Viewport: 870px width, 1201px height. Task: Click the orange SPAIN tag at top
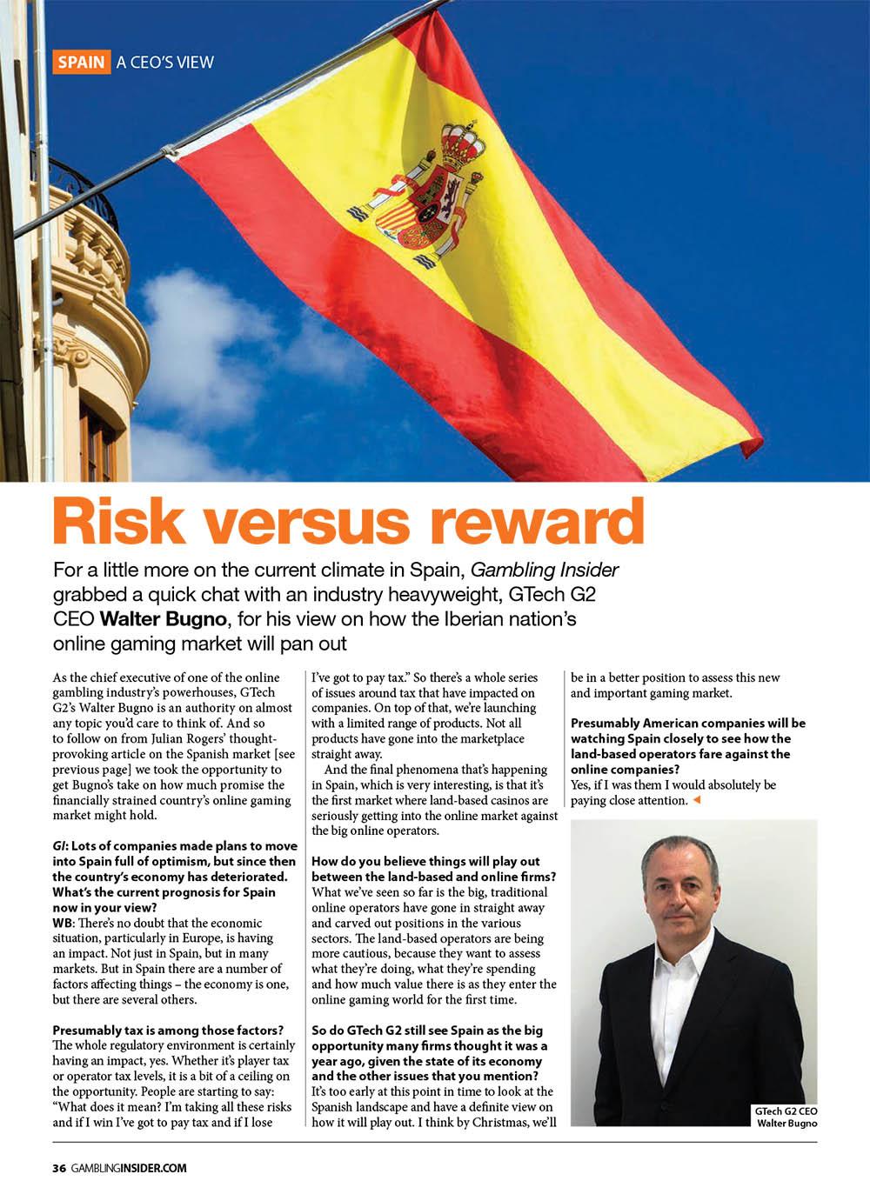click(x=81, y=63)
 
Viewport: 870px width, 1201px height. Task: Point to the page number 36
click(x=59, y=1168)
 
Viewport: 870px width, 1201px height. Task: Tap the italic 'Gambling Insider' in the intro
click(x=545, y=570)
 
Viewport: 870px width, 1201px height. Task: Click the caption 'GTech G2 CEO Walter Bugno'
click(x=786, y=1117)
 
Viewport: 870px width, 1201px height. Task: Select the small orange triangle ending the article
click(x=696, y=800)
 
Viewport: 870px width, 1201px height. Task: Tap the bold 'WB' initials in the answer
click(x=63, y=923)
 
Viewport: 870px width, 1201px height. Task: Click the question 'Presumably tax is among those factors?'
click(x=168, y=1031)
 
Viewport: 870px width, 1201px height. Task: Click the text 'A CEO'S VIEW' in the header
click(x=165, y=63)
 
